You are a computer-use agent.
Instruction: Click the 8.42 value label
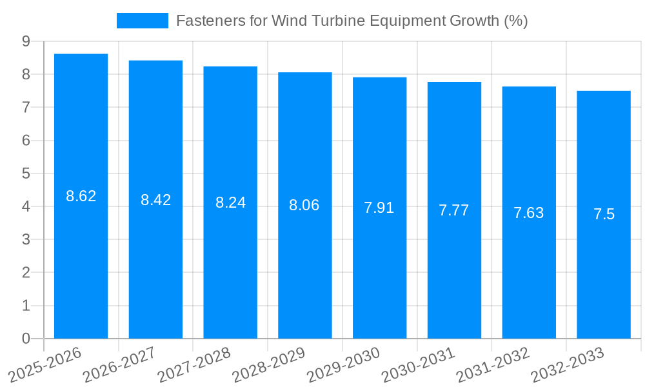point(156,200)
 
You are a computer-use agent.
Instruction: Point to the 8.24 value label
point(230,203)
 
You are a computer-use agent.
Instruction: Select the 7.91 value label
point(379,208)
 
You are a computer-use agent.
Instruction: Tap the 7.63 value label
point(529,213)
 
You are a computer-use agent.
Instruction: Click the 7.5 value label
point(604,215)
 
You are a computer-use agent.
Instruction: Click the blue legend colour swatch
point(142,21)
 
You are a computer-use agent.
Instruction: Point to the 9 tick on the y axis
point(26,41)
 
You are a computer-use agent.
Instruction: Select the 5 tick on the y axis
point(26,174)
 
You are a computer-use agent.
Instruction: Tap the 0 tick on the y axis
point(26,339)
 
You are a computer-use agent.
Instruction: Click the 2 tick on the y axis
point(26,273)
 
